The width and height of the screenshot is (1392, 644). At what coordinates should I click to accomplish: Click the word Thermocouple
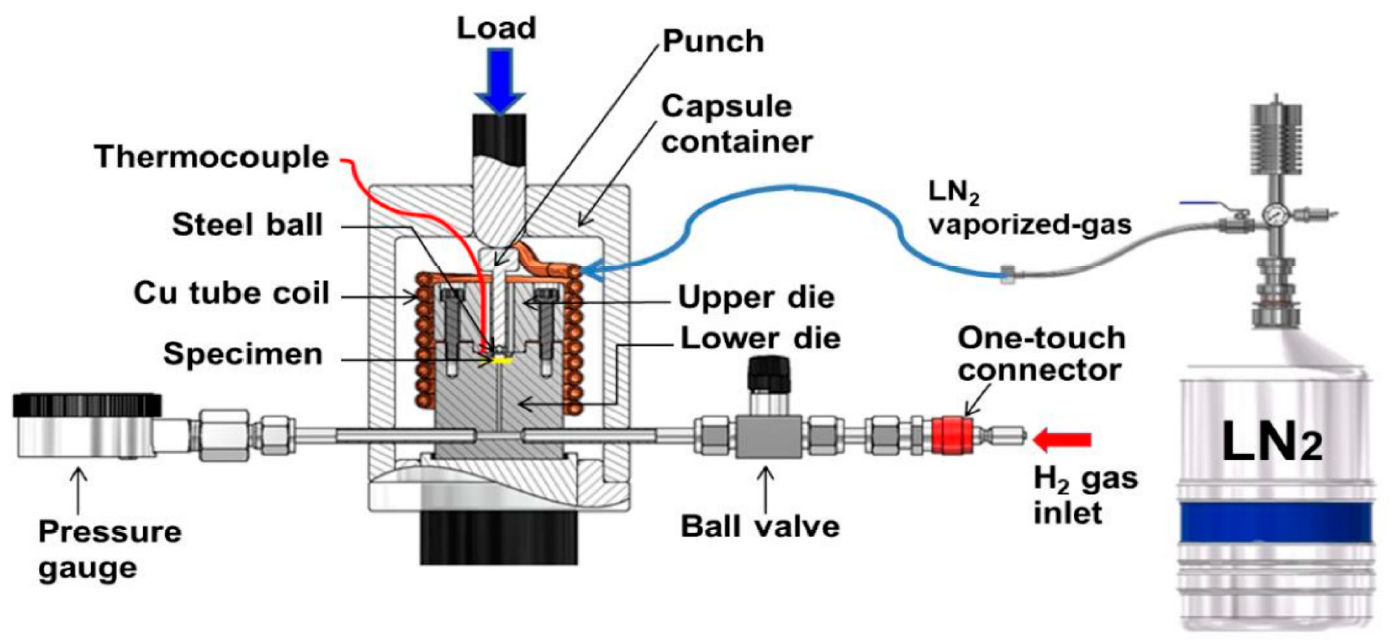[211, 157]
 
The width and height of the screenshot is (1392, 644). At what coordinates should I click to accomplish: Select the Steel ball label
[247, 225]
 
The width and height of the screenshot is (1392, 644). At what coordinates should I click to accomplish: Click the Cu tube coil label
[231, 293]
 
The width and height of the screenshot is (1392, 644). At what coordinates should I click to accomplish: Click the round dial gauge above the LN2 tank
[1274, 215]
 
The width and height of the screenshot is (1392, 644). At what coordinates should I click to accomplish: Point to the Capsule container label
[736, 124]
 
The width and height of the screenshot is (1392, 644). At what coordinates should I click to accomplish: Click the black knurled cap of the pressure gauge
[87, 405]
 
